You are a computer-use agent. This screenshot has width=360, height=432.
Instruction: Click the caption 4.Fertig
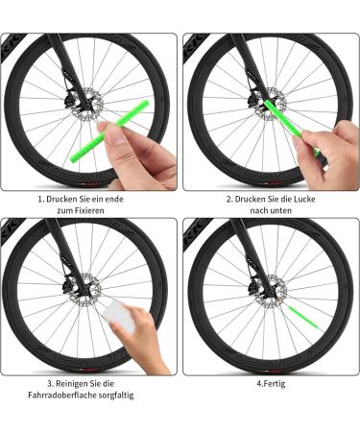[x=271, y=383]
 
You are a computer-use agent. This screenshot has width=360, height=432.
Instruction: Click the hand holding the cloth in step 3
[x=144, y=336]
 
